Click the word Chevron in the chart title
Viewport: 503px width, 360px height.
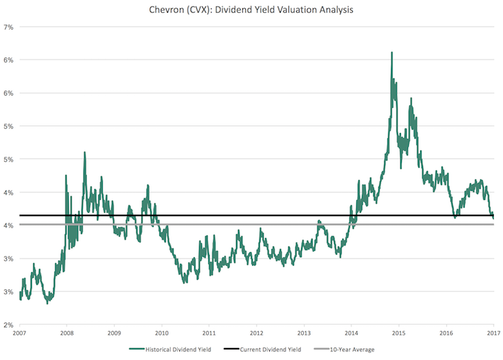pos(177,10)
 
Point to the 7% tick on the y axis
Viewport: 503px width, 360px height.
pos(9,27)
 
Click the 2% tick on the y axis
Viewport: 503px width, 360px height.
pos(9,325)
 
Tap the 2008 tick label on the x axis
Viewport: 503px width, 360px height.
pos(66,332)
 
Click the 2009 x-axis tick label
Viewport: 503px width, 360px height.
pos(113,332)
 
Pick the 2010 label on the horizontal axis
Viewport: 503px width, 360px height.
pos(161,332)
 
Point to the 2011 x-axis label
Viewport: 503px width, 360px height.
pos(209,332)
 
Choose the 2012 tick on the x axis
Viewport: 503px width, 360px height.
pos(256,332)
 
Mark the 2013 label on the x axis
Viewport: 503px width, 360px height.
pos(304,332)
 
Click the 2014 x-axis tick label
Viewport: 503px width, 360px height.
pos(351,332)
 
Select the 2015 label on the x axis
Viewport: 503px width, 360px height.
pos(399,332)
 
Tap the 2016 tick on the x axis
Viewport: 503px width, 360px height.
pos(446,332)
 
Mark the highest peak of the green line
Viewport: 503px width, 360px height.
pos(391,52)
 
